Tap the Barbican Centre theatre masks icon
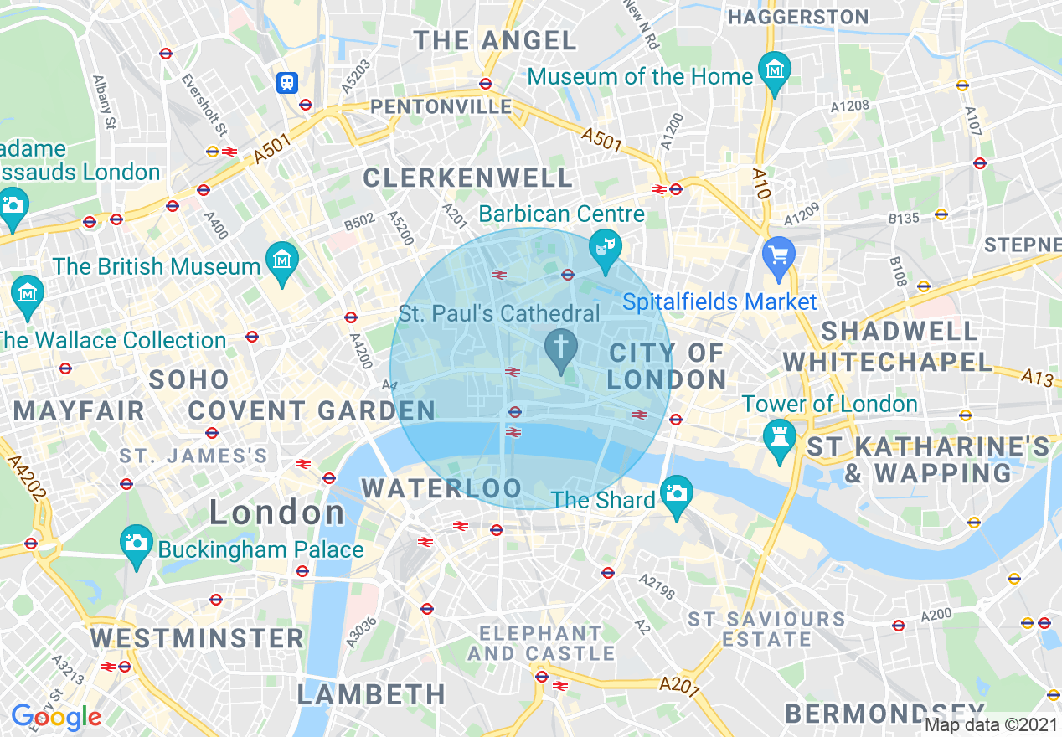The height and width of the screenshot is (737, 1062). click(606, 245)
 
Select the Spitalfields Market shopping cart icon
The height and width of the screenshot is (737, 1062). click(779, 253)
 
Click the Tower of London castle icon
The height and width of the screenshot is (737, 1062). click(779, 435)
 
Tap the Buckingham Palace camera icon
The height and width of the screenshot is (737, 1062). click(136, 542)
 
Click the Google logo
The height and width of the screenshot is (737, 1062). click(56, 717)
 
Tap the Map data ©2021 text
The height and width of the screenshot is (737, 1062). click(991, 724)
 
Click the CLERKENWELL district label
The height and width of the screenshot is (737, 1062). click(467, 178)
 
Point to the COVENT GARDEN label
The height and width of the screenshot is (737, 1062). click(312, 411)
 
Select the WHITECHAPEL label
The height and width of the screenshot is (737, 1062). click(888, 363)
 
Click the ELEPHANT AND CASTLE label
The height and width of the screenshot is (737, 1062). click(540, 643)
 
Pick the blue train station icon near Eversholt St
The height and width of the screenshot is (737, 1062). click(287, 81)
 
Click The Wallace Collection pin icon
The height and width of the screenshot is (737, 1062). click(28, 293)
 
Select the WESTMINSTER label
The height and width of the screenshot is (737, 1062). click(197, 638)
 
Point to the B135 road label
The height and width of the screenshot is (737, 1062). click(905, 218)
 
